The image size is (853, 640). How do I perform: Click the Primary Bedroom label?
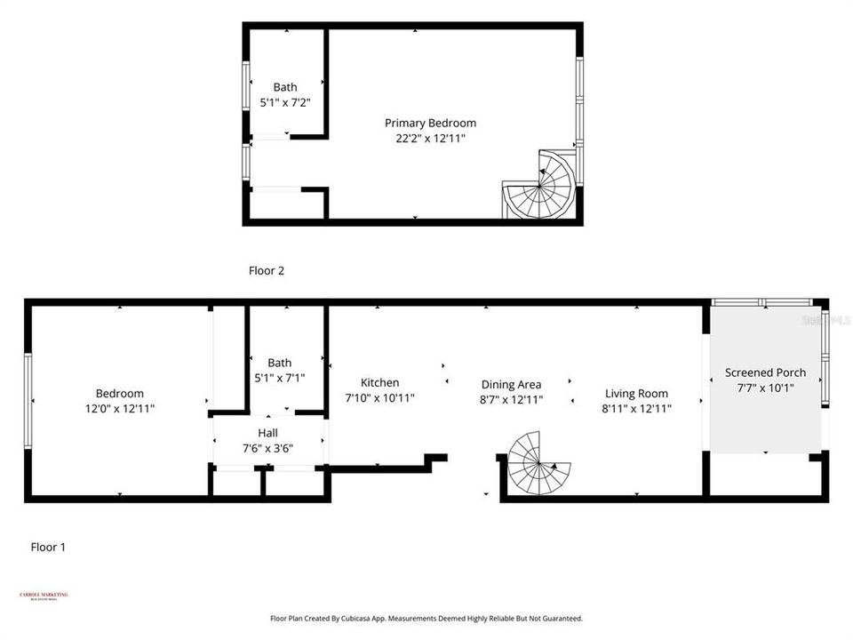pos(430,123)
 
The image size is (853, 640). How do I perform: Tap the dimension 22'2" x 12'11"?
pos(430,139)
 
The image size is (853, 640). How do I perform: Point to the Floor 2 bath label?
pos(285,87)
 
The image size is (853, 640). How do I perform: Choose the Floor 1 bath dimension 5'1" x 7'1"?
pos(280,378)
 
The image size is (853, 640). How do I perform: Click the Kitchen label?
pos(379,382)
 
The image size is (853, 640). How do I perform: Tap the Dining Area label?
pos(511,384)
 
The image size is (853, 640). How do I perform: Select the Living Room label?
pos(636,393)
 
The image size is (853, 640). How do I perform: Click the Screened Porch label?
pos(765,372)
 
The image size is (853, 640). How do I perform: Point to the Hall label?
pos(267,432)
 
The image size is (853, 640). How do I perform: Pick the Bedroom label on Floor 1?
pos(119,393)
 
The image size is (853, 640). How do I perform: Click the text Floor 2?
pos(266,270)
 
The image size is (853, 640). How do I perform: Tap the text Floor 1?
pos(48,548)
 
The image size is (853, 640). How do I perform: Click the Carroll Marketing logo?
pos(44,596)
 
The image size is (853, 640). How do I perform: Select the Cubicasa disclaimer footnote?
pos(426,618)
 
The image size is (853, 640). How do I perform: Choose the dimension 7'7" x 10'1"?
pos(765,388)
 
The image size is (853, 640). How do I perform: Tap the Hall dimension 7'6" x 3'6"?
pos(267,448)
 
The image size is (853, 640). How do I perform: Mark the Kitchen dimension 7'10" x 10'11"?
pos(379,398)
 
